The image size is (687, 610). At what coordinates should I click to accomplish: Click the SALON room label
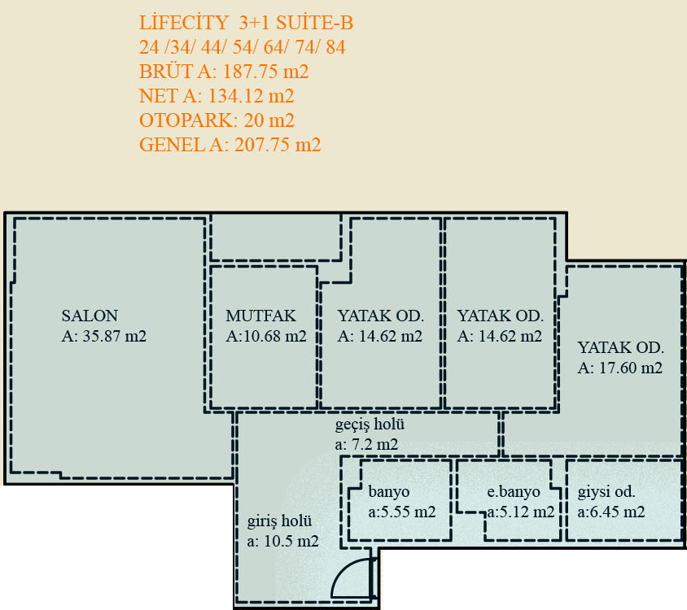(x=90, y=316)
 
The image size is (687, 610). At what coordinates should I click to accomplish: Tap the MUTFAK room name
(x=260, y=316)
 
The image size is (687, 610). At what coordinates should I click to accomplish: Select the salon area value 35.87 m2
(x=104, y=336)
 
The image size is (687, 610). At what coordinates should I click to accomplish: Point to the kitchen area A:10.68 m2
(x=266, y=336)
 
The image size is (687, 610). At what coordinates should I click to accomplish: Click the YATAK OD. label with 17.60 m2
(x=621, y=347)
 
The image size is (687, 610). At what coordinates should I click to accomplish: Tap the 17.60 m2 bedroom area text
(x=620, y=368)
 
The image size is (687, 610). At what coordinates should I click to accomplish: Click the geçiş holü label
(x=370, y=425)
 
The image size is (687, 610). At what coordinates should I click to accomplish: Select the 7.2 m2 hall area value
(x=367, y=444)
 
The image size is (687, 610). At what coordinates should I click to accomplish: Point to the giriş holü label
(x=279, y=521)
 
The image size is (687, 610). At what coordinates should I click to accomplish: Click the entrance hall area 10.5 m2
(x=283, y=541)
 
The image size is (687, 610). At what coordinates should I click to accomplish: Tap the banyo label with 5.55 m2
(x=389, y=492)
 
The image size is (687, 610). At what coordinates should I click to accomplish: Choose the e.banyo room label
(x=514, y=492)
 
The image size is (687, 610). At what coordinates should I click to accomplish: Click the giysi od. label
(x=606, y=492)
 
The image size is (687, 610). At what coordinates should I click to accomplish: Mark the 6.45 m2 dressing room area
(x=611, y=512)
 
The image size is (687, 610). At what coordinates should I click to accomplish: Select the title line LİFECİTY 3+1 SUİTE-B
(x=247, y=24)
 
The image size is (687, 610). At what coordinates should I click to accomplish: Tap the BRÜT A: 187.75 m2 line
(x=224, y=72)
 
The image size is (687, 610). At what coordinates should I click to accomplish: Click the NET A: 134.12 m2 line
(x=217, y=96)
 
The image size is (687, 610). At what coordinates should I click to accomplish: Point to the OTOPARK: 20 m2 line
(x=217, y=120)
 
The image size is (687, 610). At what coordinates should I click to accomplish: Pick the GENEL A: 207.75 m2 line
(x=230, y=145)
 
